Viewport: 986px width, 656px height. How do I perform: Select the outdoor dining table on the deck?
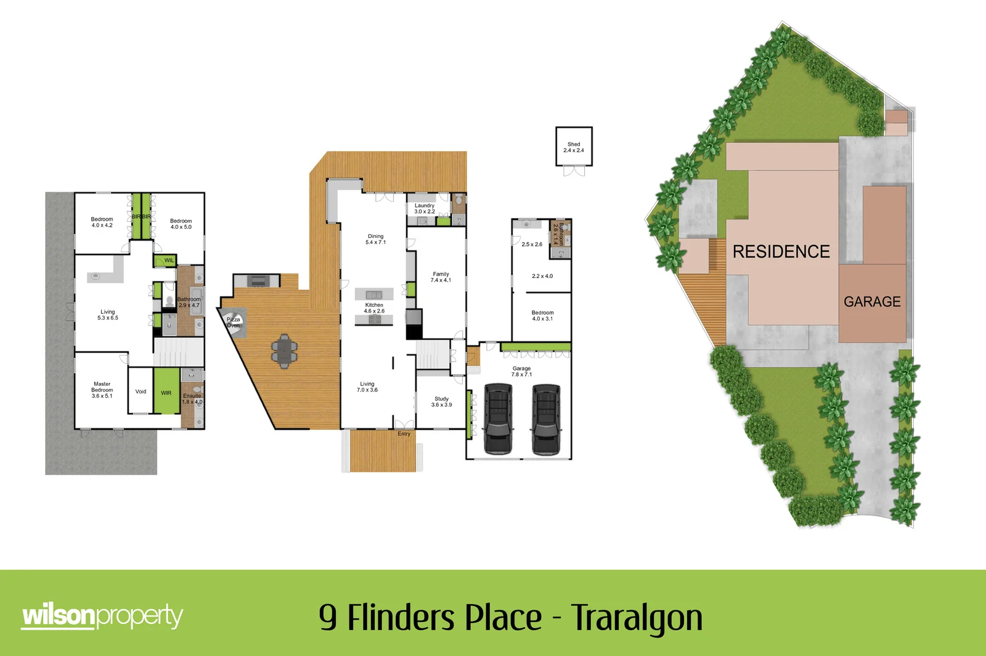point(284,351)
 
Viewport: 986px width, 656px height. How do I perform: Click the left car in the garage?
point(499,419)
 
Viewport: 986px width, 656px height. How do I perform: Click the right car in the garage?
point(546,419)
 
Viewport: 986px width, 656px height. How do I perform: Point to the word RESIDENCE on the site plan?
point(781,252)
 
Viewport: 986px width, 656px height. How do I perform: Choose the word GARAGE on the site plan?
point(872,301)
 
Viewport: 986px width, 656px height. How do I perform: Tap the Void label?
point(141,392)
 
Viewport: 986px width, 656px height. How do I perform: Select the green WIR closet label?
point(166,393)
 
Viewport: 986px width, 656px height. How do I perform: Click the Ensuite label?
point(192,396)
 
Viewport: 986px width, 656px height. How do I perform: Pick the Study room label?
point(442,399)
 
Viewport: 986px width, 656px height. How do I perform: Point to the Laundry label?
point(425,206)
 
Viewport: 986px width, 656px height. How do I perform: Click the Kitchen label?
point(374,305)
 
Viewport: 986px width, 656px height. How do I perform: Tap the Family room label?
point(441,274)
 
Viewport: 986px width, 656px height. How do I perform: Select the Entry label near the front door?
point(404,434)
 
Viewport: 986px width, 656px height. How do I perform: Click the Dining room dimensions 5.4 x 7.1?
point(376,242)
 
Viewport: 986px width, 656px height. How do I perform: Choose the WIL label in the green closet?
point(169,261)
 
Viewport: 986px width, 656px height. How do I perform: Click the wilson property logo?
point(102,616)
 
